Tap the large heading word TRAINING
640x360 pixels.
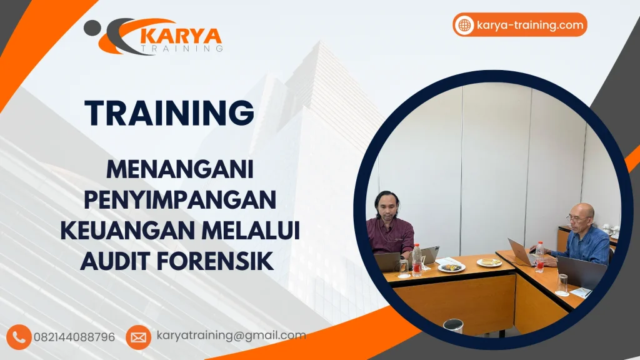click(x=169, y=112)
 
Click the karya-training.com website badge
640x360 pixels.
click(x=520, y=25)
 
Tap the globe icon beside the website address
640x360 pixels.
click(x=465, y=25)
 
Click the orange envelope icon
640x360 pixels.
click(x=138, y=337)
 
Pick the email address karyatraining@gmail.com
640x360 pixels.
click(x=231, y=336)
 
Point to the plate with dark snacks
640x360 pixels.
click(x=452, y=267)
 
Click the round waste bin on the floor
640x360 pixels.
click(x=453, y=326)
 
